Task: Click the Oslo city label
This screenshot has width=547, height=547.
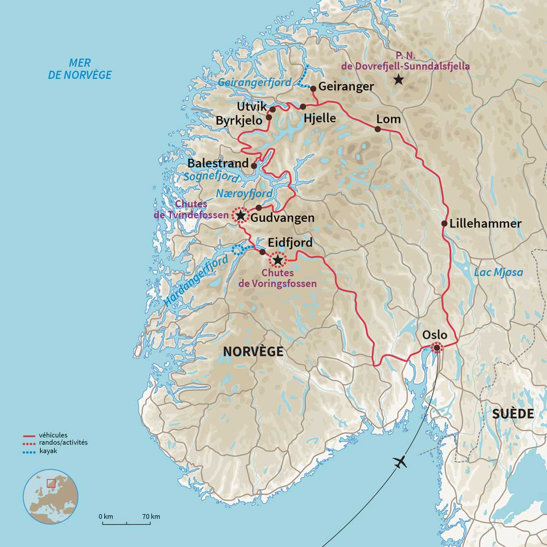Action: point(434,334)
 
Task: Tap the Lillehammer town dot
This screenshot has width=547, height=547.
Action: point(445,224)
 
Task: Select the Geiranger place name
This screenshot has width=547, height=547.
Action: point(345,87)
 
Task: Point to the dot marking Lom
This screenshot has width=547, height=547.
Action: point(378,129)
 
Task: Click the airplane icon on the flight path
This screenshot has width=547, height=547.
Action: point(399,463)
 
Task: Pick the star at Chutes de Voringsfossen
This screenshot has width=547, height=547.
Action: point(277,260)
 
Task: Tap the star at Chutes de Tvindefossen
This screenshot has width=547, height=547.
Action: point(240,216)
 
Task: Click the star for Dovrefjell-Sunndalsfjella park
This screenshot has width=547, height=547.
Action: point(398,80)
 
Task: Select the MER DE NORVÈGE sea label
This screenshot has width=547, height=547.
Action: point(80,69)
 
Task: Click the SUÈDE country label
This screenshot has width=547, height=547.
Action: point(512,414)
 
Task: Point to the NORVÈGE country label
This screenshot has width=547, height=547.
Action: point(253,352)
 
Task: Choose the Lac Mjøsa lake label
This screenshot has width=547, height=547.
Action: point(498,273)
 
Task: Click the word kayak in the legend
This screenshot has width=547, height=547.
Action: point(48,451)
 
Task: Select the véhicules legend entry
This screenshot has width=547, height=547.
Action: point(53,435)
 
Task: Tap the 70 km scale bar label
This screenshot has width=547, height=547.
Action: point(151,517)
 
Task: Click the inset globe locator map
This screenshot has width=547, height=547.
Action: point(50,496)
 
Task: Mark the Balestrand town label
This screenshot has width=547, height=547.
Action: point(218,163)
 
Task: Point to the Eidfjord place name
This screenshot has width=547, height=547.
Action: point(290,242)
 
